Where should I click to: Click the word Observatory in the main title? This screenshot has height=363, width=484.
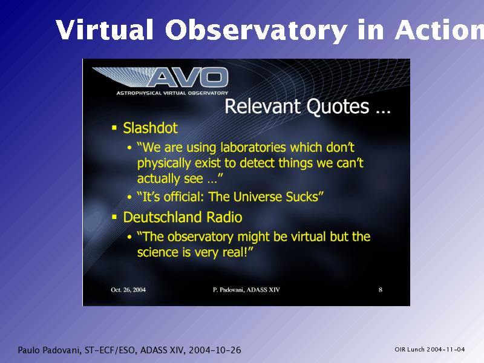click(x=256, y=30)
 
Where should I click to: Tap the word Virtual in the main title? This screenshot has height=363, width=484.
click(x=105, y=29)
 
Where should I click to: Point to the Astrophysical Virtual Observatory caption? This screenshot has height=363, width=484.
click(x=172, y=93)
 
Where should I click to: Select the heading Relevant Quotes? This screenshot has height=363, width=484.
click(x=307, y=106)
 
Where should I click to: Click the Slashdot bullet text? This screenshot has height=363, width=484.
click(x=150, y=128)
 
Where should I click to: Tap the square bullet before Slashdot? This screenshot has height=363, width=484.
click(x=114, y=128)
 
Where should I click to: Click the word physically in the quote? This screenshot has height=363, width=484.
click(x=164, y=163)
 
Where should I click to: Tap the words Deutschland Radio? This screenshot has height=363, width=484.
click(x=183, y=217)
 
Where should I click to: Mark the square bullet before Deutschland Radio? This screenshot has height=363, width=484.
click(x=114, y=217)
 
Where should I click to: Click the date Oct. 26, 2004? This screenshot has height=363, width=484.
click(x=128, y=290)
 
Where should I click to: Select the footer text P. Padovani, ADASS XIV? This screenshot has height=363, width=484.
click(x=246, y=290)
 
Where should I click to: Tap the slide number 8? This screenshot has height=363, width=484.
click(x=381, y=290)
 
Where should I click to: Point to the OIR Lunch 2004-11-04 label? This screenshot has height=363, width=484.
click(x=430, y=350)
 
